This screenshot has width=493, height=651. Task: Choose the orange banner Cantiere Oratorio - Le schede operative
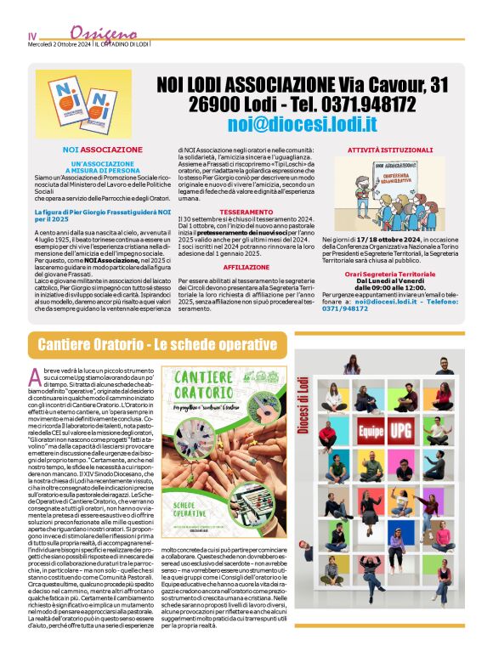coord(145,344)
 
